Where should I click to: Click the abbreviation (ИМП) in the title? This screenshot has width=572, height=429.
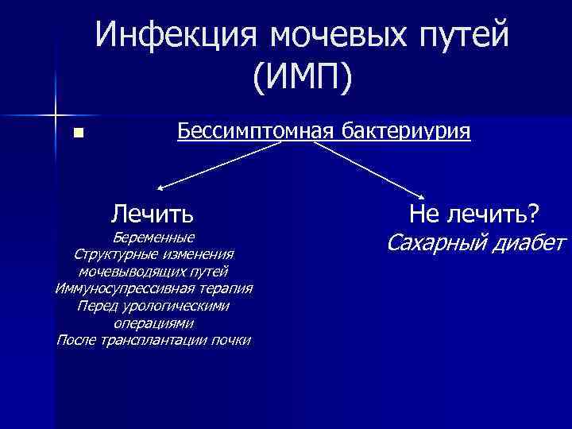pyautogui.click(x=303, y=78)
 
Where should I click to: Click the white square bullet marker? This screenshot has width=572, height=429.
pyautogui.click(x=77, y=133)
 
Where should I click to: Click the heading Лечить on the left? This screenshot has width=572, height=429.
pyautogui.click(x=153, y=213)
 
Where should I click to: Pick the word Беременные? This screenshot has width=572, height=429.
pyautogui.click(x=153, y=238)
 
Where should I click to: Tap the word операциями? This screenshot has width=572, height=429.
pyautogui.click(x=153, y=323)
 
